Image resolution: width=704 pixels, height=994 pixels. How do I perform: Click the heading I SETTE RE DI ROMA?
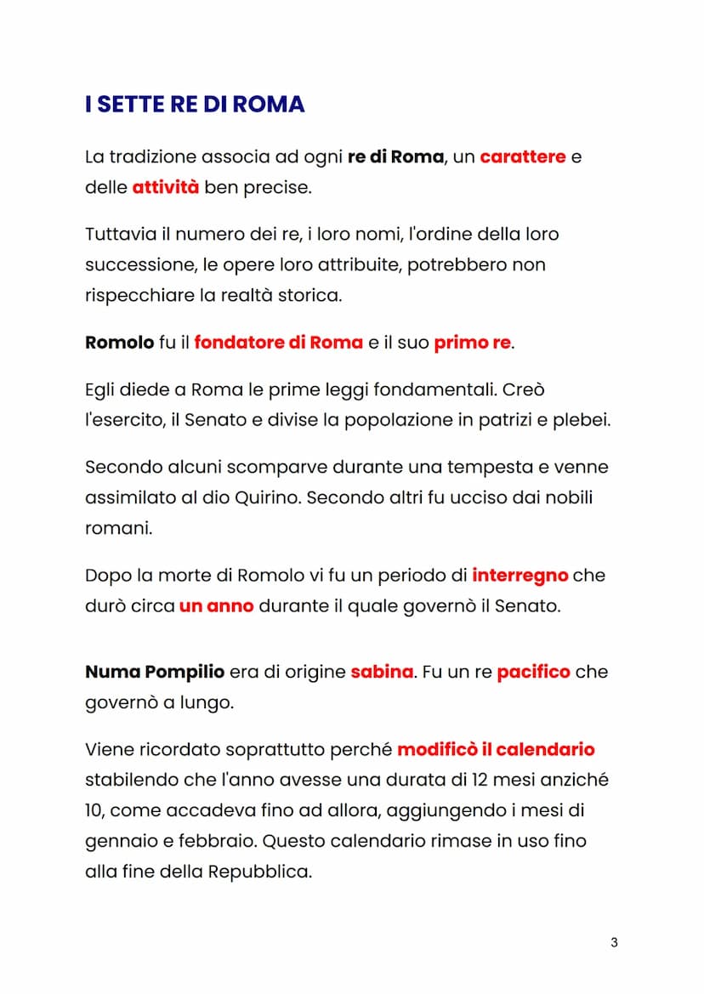tap(195, 105)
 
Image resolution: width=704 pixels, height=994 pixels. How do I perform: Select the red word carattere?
tap(523, 157)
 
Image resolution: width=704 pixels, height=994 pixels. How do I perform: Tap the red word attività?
tap(166, 187)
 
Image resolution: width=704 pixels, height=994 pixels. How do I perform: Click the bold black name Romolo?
tap(119, 343)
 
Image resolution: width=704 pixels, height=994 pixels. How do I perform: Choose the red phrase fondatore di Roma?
tap(278, 343)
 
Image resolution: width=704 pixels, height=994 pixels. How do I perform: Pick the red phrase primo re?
tap(473, 343)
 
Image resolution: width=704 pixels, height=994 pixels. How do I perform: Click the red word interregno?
tap(519, 576)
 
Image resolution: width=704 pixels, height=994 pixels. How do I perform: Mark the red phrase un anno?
tap(216, 607)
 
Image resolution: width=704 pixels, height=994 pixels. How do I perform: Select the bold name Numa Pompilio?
tap(155, 672)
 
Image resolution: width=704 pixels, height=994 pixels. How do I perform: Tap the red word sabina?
tap(382, 672)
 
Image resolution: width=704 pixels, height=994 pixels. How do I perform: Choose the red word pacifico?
tap(533, 672)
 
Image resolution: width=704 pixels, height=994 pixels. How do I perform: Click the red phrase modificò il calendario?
tap(496, 750)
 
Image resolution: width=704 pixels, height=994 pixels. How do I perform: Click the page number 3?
tap(614, 942)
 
